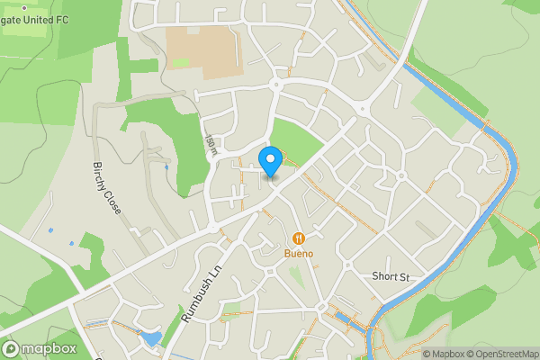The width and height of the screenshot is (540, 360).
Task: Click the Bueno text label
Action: (x=300, y=253)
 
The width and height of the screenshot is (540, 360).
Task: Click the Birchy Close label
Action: (x=106, y=187)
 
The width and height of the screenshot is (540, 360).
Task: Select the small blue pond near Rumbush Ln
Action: (x=150, y=339)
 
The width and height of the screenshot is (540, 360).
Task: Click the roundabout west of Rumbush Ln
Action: (x=213, y=229)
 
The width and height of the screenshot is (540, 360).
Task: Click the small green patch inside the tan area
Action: (x=181, y=63)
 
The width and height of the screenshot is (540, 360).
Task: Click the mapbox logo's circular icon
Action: (x=11, y=348)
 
